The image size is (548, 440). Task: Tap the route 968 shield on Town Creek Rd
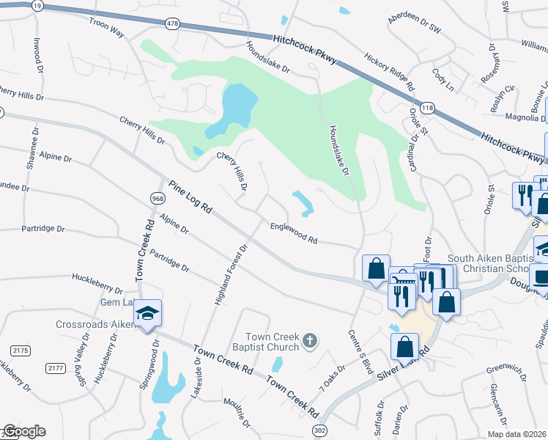pyautogui.click(x=158, y=199)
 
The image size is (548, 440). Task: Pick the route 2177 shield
pyautogui.click(x=55, y=368)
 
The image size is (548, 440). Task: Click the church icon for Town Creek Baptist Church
pyautogui.click(x=310, y=340)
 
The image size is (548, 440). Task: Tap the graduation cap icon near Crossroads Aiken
pyautogui.click(x=147, y=314)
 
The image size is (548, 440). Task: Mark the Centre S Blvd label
pyautogui.click(x=362, y=353)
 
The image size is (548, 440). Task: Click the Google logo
pyautogui.click(x=24, y=431)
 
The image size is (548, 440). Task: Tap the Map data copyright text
pyautogui.click(x=516, y=434)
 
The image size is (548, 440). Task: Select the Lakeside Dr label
pyautogui.click(x=196, y=378)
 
